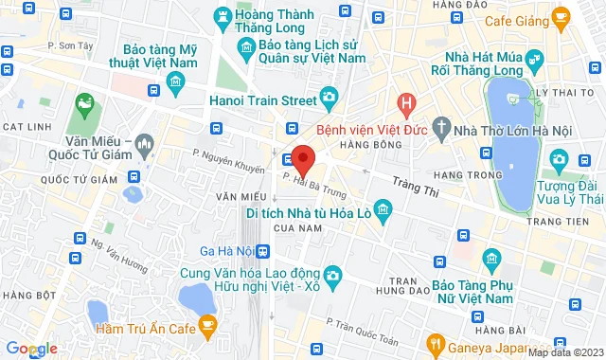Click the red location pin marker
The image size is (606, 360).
[x=302, y=157]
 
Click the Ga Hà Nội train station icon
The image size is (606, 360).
[x=263, y=251]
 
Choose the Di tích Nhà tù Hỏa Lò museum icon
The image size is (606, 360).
[x=383, y=207]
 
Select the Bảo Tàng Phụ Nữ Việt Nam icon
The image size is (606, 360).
[x=491, y=258]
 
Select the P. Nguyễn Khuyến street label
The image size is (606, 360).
[x=226, y=162]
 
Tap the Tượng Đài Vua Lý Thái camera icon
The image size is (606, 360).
[x=560, y=157]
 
